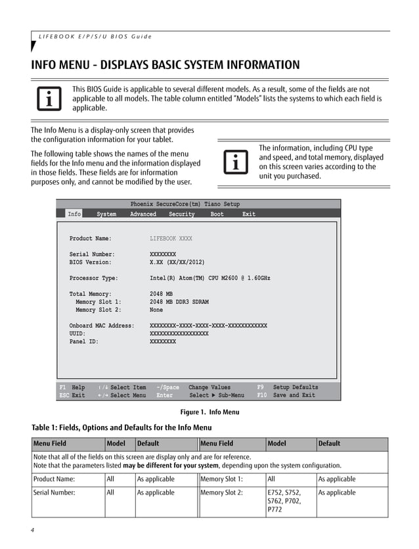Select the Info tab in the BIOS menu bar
click(x=74, y=214)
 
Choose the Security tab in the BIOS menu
click(x=181, y=214)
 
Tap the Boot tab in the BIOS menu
click(x=217, y=214)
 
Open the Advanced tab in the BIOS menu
click(x=143, y=214)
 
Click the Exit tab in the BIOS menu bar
click(x=249, y=214)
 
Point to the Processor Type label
click(x=94, y=278)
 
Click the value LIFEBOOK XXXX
click(x=171, y=239)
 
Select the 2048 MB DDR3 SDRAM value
click(x=179, y=302)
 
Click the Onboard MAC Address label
click(x=102, y=325)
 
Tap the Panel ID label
click(x=84, y=341)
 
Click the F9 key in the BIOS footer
click(x=260, y=387)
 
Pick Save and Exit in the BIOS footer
click(x=294, y=395)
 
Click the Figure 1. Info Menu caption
click(x=209, y=412)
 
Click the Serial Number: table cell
click(x=55, y=492)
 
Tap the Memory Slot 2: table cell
click(x=221, y=492)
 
